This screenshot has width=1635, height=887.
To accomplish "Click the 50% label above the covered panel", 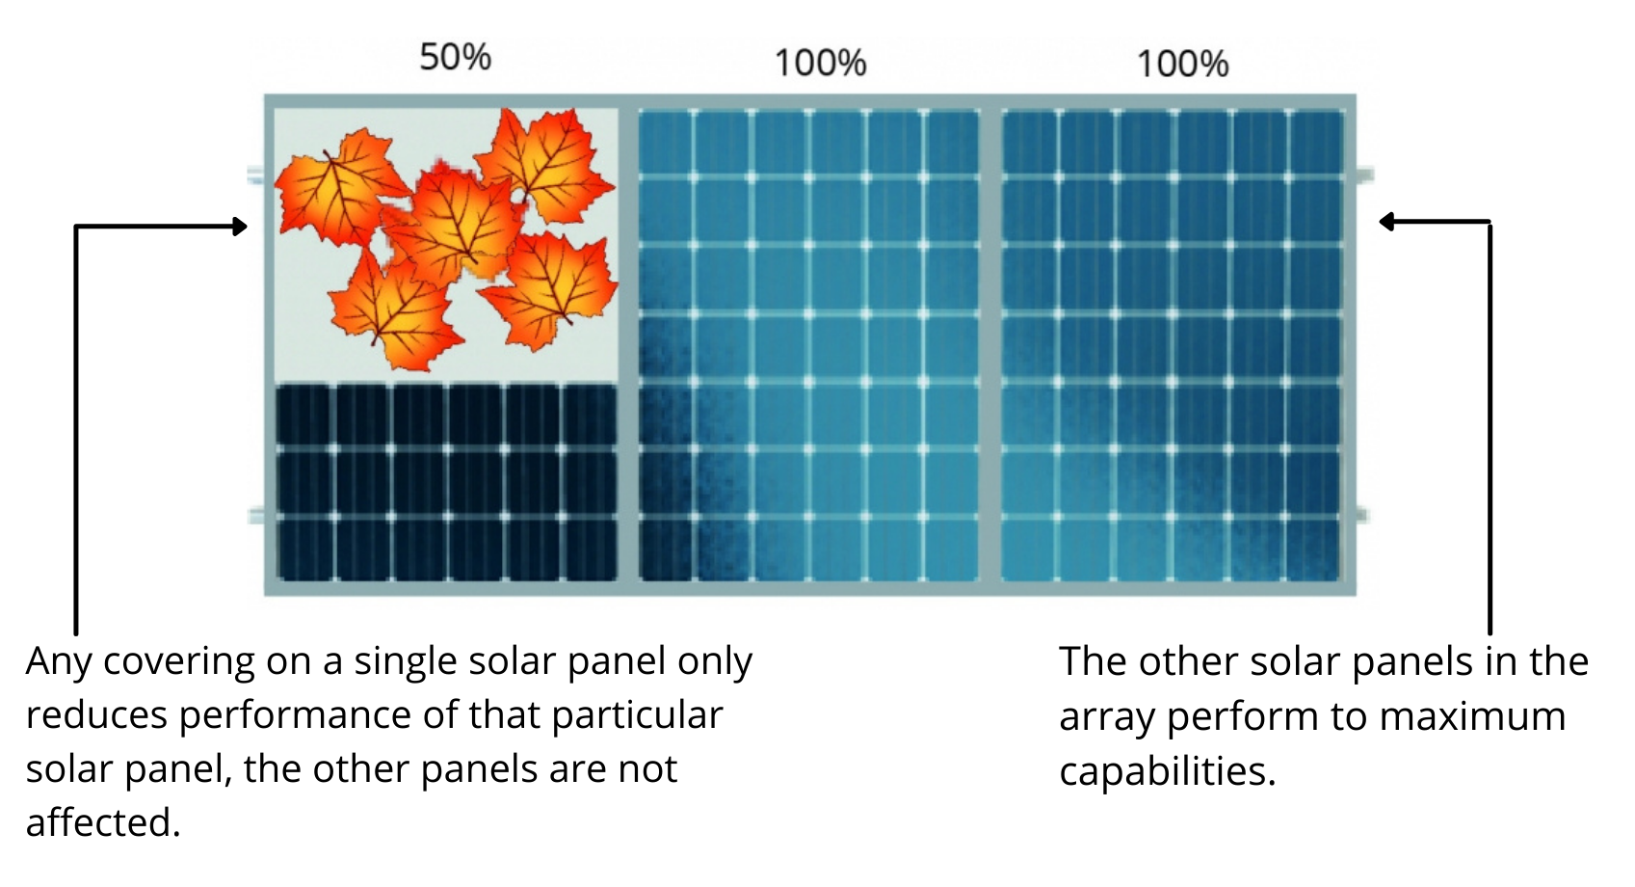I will (455, 57).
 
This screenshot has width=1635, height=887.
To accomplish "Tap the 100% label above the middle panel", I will (820, 64).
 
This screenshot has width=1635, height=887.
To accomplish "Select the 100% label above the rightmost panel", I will (1182, 65).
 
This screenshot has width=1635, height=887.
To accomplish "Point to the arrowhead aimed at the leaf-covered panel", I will (240, 227).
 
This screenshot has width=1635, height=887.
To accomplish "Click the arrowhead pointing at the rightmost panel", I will (1386, 222).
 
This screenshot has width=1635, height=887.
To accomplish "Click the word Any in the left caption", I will (59, 662).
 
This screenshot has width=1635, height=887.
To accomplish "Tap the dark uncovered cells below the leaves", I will (446, 482).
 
